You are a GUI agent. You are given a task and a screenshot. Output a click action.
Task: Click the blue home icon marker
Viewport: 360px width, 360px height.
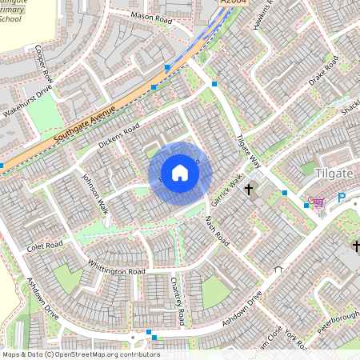(x=180, y=173)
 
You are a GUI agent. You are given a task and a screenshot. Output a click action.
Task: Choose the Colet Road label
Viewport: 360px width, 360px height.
(x=43, y=245)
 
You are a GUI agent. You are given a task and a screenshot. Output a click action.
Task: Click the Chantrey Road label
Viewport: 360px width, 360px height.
(x=178, y=301)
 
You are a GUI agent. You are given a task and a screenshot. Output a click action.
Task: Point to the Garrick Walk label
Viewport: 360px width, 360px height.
(x=227, y=190)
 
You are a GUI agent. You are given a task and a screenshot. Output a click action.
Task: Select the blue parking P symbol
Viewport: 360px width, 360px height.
(x=342, y=198)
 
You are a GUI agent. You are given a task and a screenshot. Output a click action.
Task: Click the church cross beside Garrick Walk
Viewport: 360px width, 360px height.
(x=250, y=190)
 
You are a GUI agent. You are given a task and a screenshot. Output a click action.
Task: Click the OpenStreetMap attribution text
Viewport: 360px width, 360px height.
(x=81, y=354)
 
